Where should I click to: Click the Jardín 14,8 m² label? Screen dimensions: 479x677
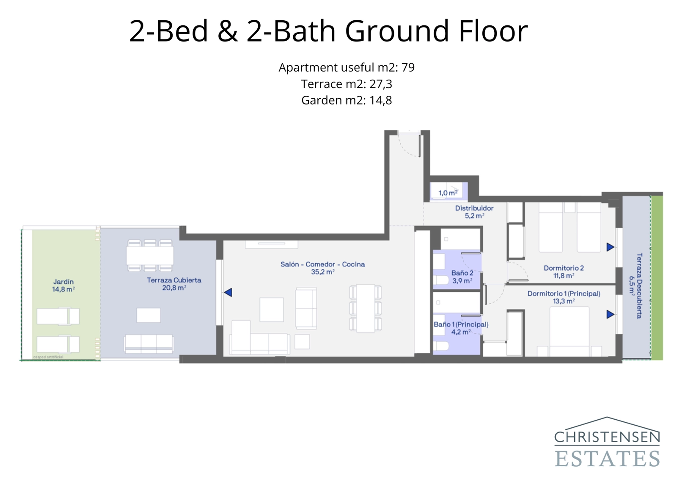click(x=63, y=285)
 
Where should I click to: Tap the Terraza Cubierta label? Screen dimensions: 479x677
click(x=174, y=284)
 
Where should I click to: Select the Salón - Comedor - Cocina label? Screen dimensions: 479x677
click(x=322, y=268)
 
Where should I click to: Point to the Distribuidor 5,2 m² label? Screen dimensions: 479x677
click(x=474, y=212)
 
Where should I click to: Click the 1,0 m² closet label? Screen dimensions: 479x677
click(x=448, y=193)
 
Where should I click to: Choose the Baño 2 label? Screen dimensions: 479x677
click(x=462, y=277)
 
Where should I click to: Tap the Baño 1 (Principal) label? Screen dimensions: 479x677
click(x=461, y=328)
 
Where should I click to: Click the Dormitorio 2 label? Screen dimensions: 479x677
click(x=564, y=271)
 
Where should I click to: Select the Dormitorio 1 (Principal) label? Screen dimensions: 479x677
click(x=564, y=297)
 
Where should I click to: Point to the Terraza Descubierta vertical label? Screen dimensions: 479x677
click(x=636, y=286)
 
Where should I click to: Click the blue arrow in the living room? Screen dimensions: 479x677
click(x=228, y=292)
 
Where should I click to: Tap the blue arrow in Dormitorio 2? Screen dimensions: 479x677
click(x=610, y=247)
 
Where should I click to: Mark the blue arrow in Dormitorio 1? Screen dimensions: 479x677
click(x=610, y=314)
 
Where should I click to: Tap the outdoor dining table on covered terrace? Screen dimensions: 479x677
click(x=150, y=255)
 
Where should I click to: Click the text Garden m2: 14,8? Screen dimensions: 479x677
click(x=346, y=100)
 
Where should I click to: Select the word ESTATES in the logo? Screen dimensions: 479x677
click(x=607, y=459)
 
